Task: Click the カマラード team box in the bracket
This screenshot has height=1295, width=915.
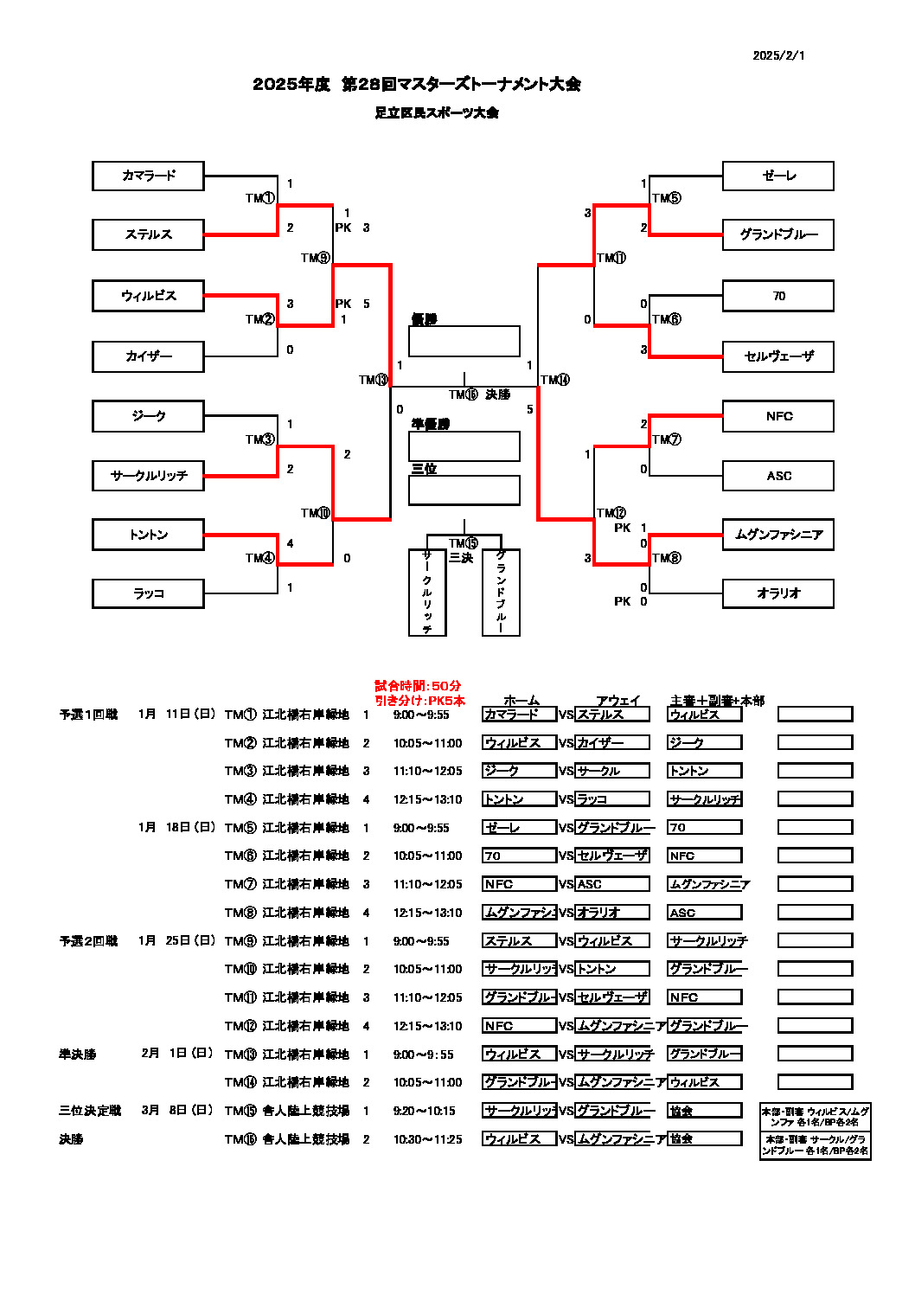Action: click(x=148, y=176)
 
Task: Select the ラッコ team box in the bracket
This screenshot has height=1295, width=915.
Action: click(x=148, y=593)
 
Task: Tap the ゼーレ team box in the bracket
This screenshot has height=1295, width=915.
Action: click(x=778, y=176)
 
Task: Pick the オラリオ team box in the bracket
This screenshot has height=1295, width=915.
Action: click(x=778, y=593)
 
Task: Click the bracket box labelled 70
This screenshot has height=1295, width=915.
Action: click(x=778, y=296)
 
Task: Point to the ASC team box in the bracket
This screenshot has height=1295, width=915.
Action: click(x=778, y=476)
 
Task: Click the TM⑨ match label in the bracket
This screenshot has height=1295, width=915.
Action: click(x=316, y=258)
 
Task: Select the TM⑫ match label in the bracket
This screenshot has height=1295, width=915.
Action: click(x=611, y=513)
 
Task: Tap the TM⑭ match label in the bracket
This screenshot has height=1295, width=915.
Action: click(x=555, y=380)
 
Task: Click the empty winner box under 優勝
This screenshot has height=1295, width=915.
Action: click(x=464, y=341)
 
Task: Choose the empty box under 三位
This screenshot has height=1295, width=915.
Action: click(x=464, y=490)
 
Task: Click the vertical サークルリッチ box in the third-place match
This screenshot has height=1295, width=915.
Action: click(x=427, y=593)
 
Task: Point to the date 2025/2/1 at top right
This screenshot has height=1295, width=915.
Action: click(x=778, y=55)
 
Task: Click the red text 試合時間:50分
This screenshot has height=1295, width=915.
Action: click(x=418, y=685)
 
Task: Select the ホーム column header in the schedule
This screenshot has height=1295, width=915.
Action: click(x=521, y=701)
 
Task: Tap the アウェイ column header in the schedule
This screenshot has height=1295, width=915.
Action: click(x=617, y=701)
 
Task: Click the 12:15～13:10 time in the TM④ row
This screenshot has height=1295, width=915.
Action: click(x=427, y=799)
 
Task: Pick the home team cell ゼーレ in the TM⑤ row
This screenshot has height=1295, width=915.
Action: click(x=519, y=828)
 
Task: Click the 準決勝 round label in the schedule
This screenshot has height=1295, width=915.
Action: click(x=78, y=1055)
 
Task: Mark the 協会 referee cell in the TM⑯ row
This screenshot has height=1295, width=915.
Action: click(x=704, y=1138)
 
